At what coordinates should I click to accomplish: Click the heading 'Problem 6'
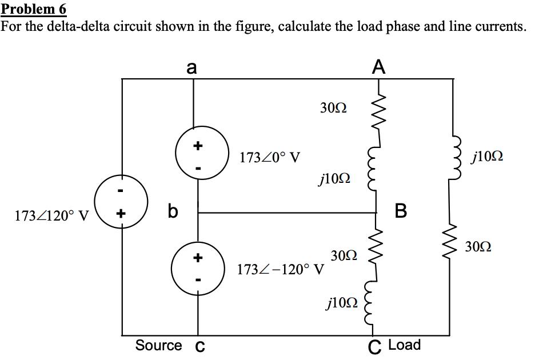34,9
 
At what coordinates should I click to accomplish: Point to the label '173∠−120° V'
281,269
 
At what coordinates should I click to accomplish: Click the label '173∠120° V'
51,217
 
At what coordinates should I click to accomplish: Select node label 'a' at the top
192,68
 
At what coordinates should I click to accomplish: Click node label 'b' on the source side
172,212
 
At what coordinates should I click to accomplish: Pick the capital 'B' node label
401,211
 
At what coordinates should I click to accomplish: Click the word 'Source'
159,345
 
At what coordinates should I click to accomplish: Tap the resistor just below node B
377,245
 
